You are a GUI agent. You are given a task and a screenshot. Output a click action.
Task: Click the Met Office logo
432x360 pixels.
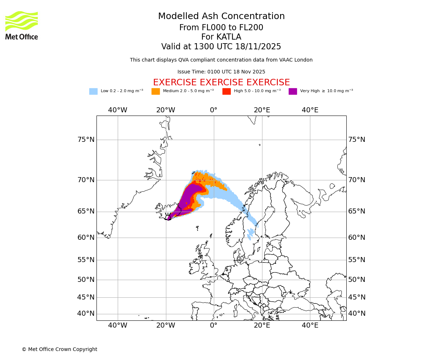pos(22,25)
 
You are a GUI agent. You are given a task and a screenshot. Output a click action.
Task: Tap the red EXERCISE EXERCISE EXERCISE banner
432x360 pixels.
pos(221,82)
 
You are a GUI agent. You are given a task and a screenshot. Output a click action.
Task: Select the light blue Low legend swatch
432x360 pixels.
pos(93,91)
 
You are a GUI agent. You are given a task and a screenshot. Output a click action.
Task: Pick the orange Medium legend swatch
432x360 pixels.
pos(156,91)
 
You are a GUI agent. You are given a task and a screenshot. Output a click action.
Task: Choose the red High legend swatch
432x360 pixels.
pos(226,91)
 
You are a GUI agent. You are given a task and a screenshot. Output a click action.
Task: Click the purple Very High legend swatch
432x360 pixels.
pos(293,91)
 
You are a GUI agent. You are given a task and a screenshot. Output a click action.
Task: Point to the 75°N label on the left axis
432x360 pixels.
pos(86,140)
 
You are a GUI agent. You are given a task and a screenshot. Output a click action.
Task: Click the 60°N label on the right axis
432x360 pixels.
pos(356,238)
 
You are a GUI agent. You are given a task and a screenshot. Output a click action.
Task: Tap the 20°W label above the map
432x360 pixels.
pos(166,110)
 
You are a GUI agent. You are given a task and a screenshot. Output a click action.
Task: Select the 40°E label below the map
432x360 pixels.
pos(310,325)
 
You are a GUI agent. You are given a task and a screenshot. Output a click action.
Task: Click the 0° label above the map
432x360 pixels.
pos(214,110)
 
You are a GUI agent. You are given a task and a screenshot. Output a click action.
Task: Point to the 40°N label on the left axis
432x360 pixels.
pos(86,314)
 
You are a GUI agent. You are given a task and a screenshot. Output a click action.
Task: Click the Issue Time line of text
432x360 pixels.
pos(221,72)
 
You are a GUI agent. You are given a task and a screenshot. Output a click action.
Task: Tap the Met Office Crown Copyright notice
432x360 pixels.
pos(59,349)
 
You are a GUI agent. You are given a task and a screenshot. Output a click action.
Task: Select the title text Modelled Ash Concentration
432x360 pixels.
pos(221,16)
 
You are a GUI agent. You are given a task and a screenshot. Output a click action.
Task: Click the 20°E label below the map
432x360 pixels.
pos(262,325)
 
